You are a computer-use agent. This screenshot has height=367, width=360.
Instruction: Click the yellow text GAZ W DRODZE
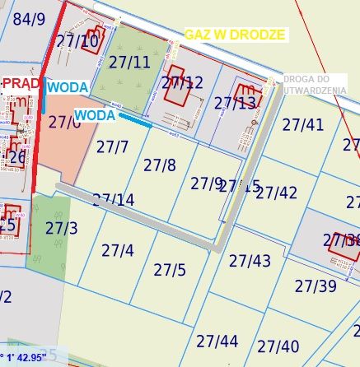pos(235,35)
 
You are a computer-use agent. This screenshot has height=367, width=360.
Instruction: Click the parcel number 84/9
pos(30,18)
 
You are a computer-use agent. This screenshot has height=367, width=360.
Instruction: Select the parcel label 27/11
pos(129,61)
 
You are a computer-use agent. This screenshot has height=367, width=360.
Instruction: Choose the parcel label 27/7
pos(112,147)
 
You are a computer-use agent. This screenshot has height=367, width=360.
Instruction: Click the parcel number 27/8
pos(159,165)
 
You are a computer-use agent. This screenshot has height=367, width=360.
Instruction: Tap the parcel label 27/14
pos(113,200)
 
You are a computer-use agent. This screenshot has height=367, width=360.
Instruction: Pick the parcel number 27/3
pos(61,227)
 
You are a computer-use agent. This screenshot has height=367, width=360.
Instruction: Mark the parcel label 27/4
pos(117,249)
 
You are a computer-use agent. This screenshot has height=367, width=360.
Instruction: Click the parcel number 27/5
pos(170,269)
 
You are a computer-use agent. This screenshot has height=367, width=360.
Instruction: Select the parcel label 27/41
pos(302,124)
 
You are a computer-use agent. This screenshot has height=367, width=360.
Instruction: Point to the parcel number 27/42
pos(276,193)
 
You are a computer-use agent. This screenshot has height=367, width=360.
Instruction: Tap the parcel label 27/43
pos(250,261)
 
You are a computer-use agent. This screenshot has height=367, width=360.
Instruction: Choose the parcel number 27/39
pos(316,286)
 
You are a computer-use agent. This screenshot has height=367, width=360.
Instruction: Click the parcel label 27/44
pos(217,341)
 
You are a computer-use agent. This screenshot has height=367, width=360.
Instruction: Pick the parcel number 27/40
pos(278,346)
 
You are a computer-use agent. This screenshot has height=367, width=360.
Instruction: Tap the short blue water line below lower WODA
pos(135,121)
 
